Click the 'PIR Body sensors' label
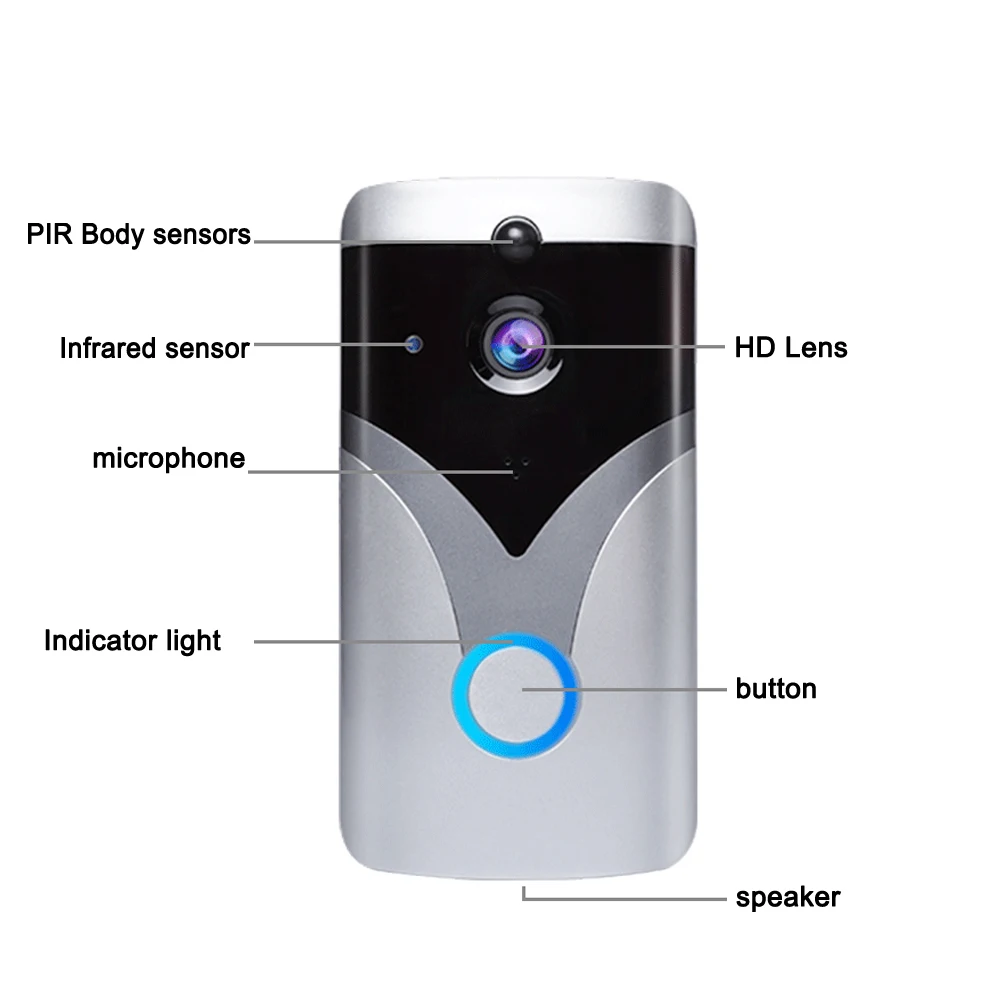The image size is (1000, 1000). pyautogui.click(x=138, y=236)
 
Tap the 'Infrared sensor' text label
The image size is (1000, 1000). pyautogui.click(x=154, y=348)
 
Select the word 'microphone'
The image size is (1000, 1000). pyautogui.click(x=168, y=459)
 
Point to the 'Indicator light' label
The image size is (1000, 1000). pyautogui.click(x=132, y=640)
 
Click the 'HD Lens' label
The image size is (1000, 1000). pyautogui.click(x=790, y=348)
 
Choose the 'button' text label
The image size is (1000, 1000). pyautogui.click(x=776, y=689)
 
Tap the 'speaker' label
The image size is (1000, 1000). pyautogui.click(x=788, y=897)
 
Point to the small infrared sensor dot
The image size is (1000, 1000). pyautogui.click(x=413, y=346)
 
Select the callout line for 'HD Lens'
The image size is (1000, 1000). pyautogui.click(x=640, y=347)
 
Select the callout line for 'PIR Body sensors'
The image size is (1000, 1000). pyautogui.click(x=370, y=240)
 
